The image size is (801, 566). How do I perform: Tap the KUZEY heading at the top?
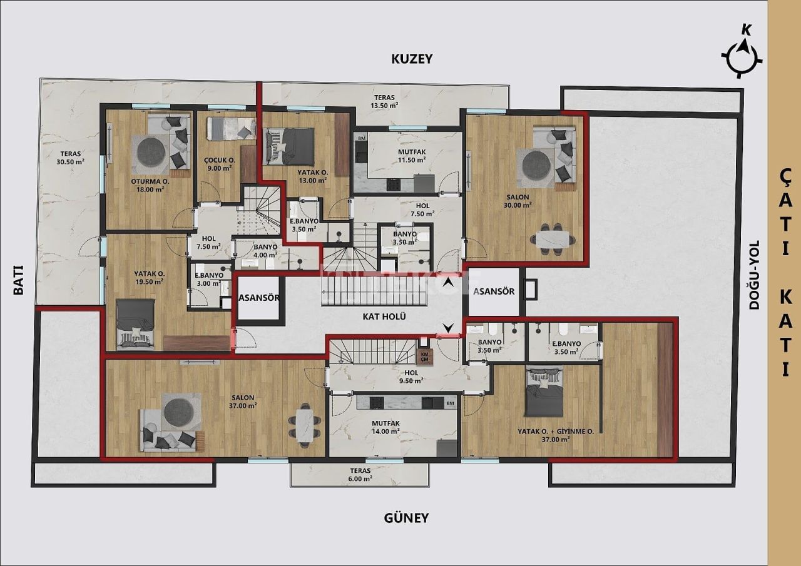(412, 59)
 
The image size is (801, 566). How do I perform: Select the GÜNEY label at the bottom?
(406, 518)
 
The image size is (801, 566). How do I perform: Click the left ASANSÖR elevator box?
(258, 298)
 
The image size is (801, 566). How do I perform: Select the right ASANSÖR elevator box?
(494, 292)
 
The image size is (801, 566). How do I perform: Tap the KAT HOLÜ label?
(385, 316)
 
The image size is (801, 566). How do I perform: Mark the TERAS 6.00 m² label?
(360, 475)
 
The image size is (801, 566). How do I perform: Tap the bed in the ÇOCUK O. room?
(231, 128)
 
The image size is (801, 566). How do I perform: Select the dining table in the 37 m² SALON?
(304, 422)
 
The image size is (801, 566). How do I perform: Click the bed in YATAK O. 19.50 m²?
(136, 323)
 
